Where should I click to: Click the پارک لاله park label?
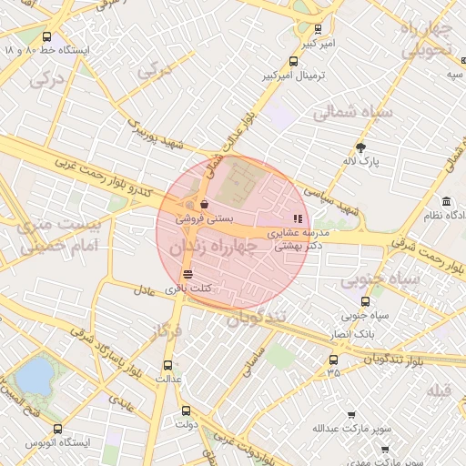point(360,161)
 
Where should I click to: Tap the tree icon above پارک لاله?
point(360,147)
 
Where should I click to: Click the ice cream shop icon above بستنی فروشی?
point(204,204)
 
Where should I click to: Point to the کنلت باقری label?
point(188,289)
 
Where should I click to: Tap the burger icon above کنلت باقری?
point(187,274)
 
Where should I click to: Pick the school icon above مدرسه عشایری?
point(297,218)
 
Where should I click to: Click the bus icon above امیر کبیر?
point(317,29)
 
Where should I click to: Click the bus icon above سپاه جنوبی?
point(366,301)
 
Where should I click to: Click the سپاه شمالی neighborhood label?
point(352,113)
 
